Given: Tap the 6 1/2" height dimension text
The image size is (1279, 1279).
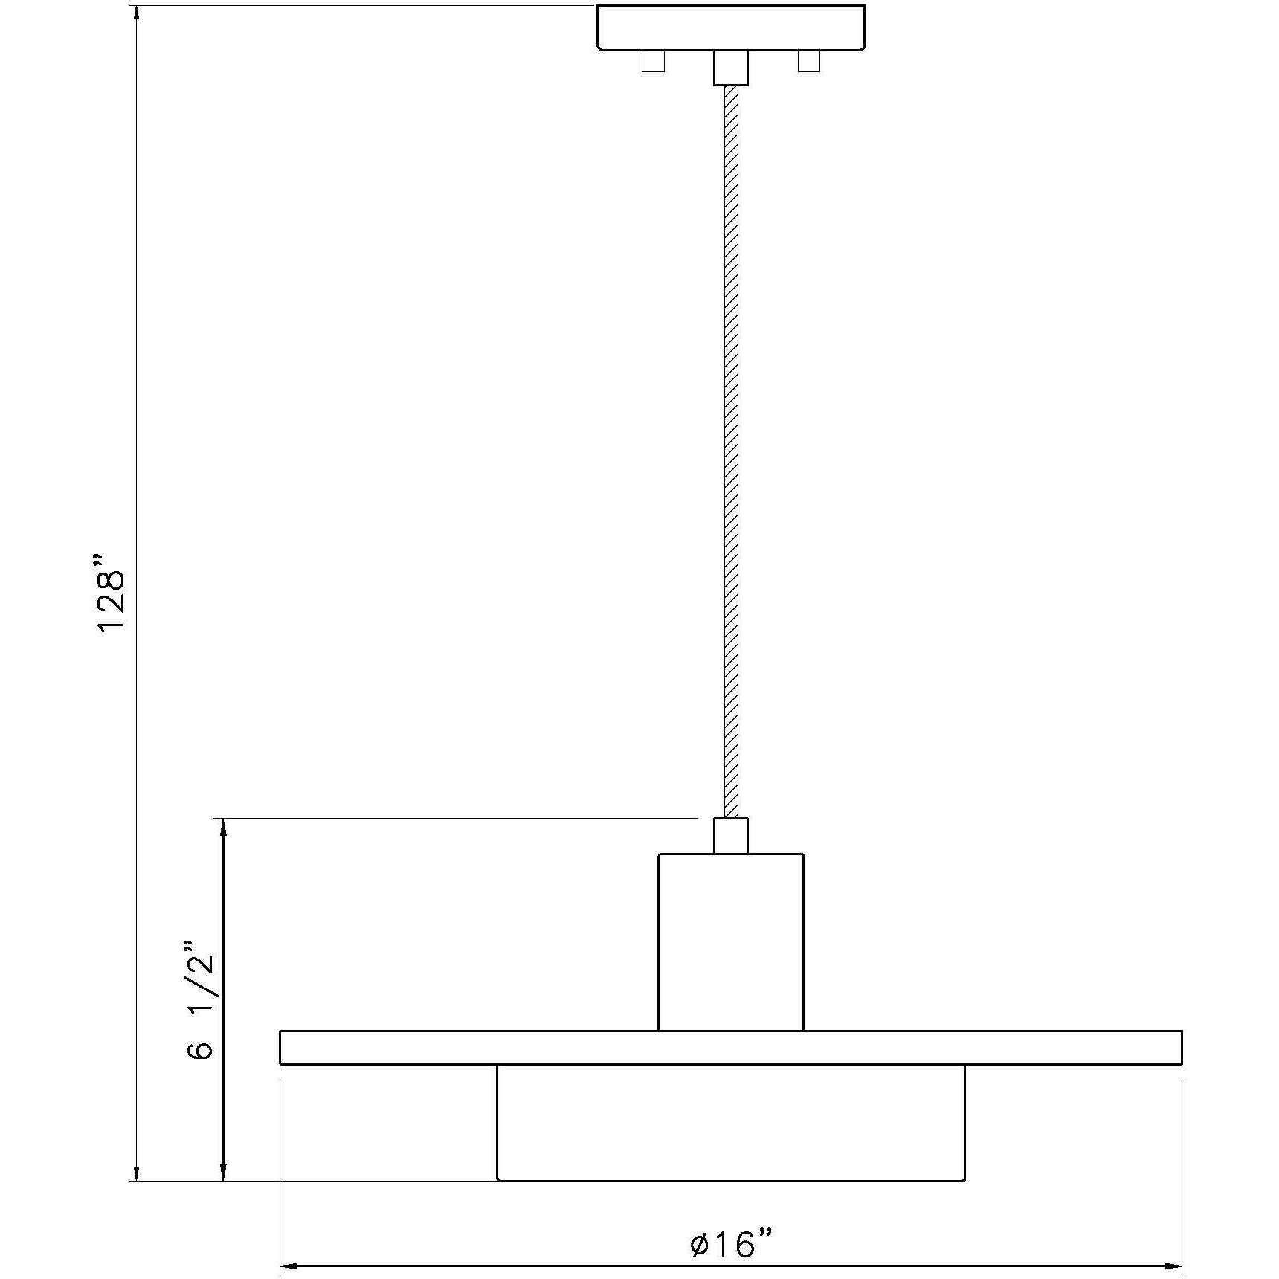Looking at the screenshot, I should pos(199,1000).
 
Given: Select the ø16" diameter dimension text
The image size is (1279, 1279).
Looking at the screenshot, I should pos(732,1243).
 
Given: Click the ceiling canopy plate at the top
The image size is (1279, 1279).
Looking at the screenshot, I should pos(731,27).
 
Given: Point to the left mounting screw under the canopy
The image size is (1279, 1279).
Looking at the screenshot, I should pos(653,61).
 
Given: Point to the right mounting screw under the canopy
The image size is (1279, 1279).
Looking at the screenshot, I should pos(808,61).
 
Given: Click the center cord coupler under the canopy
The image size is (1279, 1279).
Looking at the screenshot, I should pos(731,68).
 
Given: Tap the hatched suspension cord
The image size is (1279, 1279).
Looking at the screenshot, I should pos(731,446).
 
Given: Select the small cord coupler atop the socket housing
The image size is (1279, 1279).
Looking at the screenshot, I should pos(731,836).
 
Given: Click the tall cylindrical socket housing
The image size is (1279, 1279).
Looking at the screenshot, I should pos(731,942).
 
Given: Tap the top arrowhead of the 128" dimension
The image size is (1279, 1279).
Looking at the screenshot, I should pos(136,15).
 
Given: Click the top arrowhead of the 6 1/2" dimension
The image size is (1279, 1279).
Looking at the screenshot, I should pos(222,828).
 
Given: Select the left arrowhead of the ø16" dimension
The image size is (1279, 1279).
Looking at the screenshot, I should pos(289,1265).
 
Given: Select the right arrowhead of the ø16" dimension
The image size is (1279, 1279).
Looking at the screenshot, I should pos(1173,1265).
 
